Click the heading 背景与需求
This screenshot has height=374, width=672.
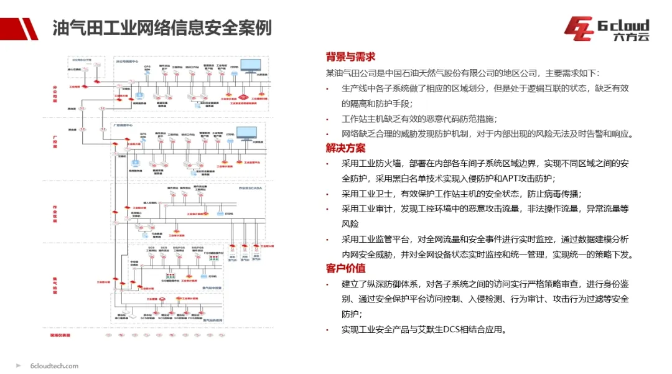pyautogui.click(x=350, y=57)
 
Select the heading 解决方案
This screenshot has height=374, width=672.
pyautogui.click(x=345, y=148)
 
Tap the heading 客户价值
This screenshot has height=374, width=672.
pyautogui.click(x=345, y=269)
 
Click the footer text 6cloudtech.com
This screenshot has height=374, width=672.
pyautogui.click(x=54, y=366)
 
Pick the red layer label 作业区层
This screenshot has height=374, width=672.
pyautogui.click(x=54, y=211)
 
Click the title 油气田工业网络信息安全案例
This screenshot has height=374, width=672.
pyautogui.click(x=161, y=29)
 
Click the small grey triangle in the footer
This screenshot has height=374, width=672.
pyautogui.click(x=19, y=366)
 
